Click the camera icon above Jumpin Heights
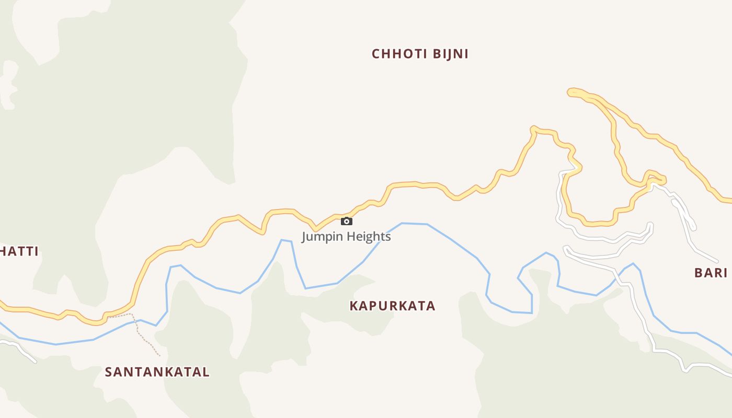point(346,222)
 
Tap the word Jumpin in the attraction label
point(321,237)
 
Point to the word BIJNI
point(450,54)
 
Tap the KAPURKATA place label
point(392,306)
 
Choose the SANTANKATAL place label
point(157,372)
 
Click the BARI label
point(711,273)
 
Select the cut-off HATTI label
point(19,251)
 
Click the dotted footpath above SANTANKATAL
point(138,329)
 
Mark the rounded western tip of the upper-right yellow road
point(570,92)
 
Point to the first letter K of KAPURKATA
point(354,306)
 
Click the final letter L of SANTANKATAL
point(206,372)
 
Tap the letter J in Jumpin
point(304,237)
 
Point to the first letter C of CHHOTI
point(376,54)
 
